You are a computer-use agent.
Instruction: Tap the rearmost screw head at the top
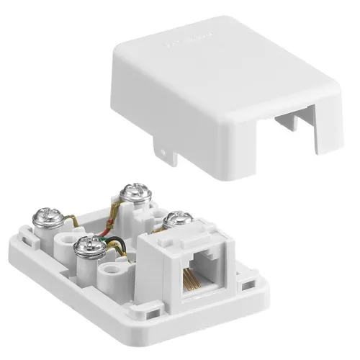tap(134, 193)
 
